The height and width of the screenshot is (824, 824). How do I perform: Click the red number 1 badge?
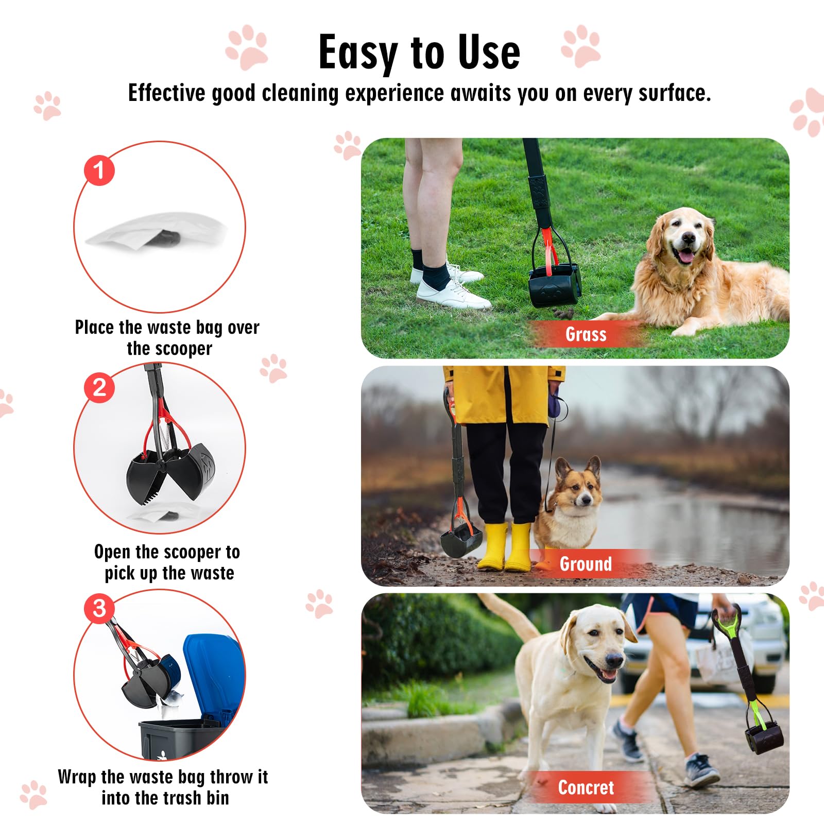[x=99, y=170]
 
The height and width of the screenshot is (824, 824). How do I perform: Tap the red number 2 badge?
[x=99, y=387]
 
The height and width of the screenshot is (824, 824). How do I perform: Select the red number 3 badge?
[x=99, y=608]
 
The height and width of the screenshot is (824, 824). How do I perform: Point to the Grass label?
[x=586, y=334]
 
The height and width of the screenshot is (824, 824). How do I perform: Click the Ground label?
[x=586, y=564]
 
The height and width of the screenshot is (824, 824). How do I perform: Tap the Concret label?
[x=586, y=787]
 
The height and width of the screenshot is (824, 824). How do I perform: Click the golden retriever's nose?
[x=688, y=238]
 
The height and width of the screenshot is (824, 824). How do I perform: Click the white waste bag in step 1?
[x=154, y=232]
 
